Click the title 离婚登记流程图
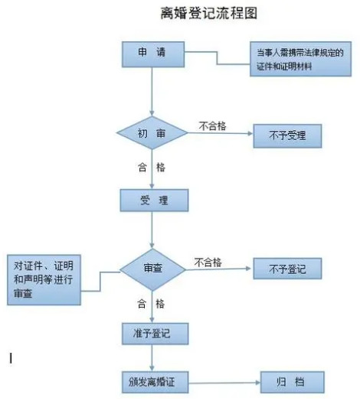tap(208, 13)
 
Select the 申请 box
tap(153, 54)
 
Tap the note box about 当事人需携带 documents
tap(300, 59)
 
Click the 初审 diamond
tap(152, 132)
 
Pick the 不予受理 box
tap(287, 135)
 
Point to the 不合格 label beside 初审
tap(212, 126)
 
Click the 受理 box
tap(154, 200)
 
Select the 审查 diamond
tap(152, 269)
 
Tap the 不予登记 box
tap(287, 269)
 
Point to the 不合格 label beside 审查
tap(208, 262)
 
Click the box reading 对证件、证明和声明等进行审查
tap(44, 280)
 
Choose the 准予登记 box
tap(155, 334)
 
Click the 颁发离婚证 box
tap(155, 383)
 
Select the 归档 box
tap(293, 382)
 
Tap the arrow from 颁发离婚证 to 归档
tap(224, 383)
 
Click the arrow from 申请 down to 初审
tap(152, 92)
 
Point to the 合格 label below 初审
tap(152, 168)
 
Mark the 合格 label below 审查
tap(151, 304)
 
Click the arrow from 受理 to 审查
tap(152, 230)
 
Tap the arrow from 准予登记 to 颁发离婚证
tap(152, 358)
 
